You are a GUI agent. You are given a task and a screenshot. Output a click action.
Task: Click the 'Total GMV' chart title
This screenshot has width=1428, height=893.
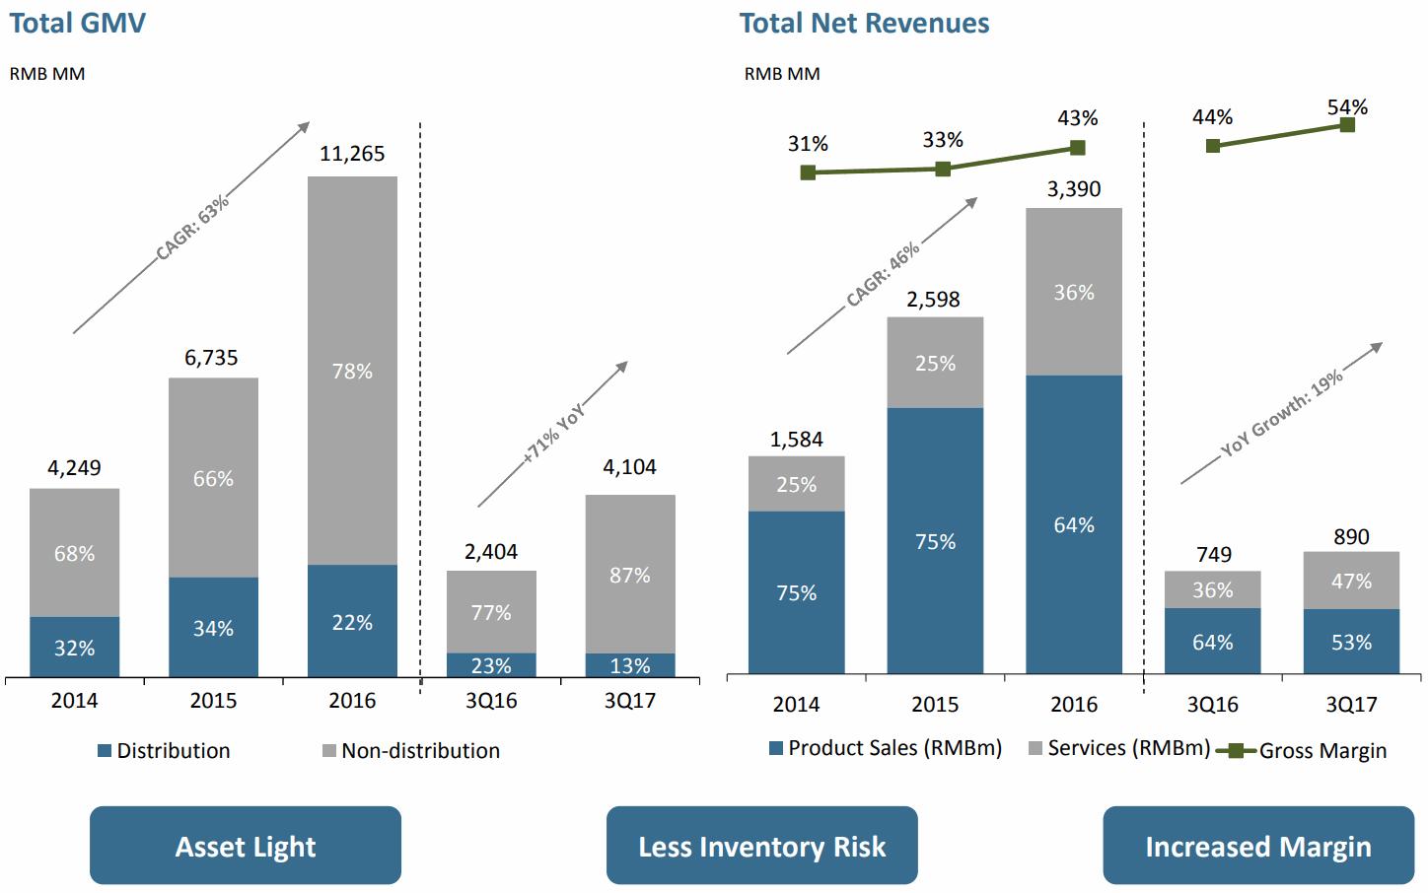[x=77, y=23]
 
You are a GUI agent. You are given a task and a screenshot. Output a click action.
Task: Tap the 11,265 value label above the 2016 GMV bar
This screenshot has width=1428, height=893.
[x=352, y=154]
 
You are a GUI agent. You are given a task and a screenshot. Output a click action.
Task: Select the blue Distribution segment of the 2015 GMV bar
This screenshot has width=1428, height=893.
[x=213, y=627]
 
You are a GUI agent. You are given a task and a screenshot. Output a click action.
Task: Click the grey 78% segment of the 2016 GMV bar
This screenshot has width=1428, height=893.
[x=352, y=371]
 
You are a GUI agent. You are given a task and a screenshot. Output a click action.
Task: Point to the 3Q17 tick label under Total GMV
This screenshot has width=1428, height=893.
[x=630, y=701]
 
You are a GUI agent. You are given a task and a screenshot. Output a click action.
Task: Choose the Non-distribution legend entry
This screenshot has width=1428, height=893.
[x=411, y=751]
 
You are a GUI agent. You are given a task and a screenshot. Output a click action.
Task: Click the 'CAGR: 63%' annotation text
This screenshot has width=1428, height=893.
[x=192, y=227]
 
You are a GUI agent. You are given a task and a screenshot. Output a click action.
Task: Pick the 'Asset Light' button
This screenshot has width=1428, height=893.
[x=246, y=846]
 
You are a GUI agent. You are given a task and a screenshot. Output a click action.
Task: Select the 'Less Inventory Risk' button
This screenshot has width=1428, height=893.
[x=761, y=846]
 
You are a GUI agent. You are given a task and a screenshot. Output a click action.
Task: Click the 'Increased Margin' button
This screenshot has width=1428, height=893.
[x=1257, y=846]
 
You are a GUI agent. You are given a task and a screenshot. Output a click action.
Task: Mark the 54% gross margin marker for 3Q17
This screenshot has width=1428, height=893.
[x=1347, y=125]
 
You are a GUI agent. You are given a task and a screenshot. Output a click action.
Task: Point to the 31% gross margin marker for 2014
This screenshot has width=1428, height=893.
[x=808, y=172]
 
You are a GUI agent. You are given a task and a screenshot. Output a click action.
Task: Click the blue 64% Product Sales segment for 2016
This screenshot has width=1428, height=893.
[x=1074, y=524]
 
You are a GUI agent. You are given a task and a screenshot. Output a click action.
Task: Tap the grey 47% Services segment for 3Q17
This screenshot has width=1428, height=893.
[x=1351, y=581]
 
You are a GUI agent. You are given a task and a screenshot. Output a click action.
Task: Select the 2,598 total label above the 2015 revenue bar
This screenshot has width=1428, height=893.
[x=933, y=300]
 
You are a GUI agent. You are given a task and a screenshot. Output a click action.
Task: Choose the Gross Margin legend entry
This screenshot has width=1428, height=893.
[x=1302, y=751]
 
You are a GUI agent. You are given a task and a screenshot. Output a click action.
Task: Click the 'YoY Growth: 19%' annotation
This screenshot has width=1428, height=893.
[x=1282, y=414]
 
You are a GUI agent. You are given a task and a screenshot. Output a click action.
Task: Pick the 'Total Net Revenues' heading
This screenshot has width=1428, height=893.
[x=864, y=23]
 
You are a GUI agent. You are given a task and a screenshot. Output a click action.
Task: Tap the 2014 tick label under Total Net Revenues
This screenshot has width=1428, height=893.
[x=796, y=705]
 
